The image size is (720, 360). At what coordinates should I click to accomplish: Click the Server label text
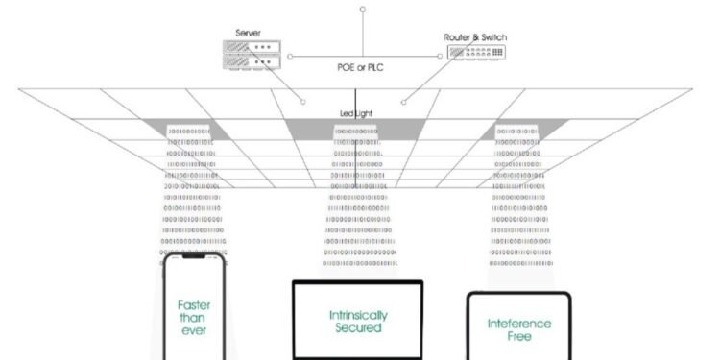(x=249, y=34)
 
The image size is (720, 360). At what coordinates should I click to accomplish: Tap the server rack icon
(x=249, y=55)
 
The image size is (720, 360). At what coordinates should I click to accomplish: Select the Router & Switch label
(x=475, y=37)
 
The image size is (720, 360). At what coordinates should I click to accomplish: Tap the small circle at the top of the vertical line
(x=362, y=10)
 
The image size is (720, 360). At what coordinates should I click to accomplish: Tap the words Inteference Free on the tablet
(x=518, y=329)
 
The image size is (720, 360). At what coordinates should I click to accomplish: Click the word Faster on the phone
(x=193, y=304)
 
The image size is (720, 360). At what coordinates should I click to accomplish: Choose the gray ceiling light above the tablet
(x=519, y=129)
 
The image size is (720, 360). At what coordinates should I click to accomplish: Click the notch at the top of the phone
(x=193, y=257)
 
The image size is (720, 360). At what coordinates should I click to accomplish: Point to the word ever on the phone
(x=193, y=330)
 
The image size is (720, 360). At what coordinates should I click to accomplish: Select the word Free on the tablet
(x=518, y=337)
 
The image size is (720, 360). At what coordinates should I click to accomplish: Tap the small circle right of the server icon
(x=291, y=56)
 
